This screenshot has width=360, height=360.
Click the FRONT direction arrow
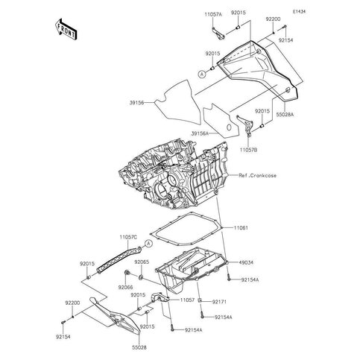pyautogui.click(x=66, y=29)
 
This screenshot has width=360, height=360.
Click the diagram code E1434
pyautogui.click(x=299, y=12)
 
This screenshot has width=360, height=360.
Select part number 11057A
pyautogui.click(x=213, y=14)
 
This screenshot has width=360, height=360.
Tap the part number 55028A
pyautogui.click(x=285, y=115)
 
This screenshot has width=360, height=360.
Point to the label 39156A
pyautogui.click(x=200, y=133)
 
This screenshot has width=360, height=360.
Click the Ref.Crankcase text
pyautogui.click(x=257, y=175)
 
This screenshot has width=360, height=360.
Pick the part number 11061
pyautogui.click(x=241, y=227)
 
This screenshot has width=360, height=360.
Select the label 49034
pyautogui.click(x=246, y=262)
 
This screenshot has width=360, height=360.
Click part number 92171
pyautogui.click(x=219, y=302)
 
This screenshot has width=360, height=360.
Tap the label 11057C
pyautogui.click(x=128, y=237)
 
